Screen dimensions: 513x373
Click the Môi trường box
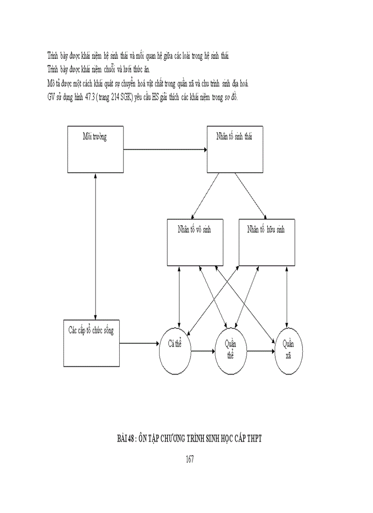coord(95,148)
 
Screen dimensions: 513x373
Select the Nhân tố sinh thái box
coord(235,148)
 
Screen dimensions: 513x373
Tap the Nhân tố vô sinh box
coord(194,243)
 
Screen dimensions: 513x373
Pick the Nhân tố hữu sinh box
coord(266,243)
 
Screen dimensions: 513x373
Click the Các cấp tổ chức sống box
coord(91,343)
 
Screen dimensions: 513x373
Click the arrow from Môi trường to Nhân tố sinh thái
coord(165,149)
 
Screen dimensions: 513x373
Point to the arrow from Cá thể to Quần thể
coord(202,351)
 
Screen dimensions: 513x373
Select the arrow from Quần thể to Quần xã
coord(261,351)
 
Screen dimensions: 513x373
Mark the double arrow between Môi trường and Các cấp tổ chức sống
coord(95,245)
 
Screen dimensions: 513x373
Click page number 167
coord(190,459)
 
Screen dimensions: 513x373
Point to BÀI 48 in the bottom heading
coord(124,439)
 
